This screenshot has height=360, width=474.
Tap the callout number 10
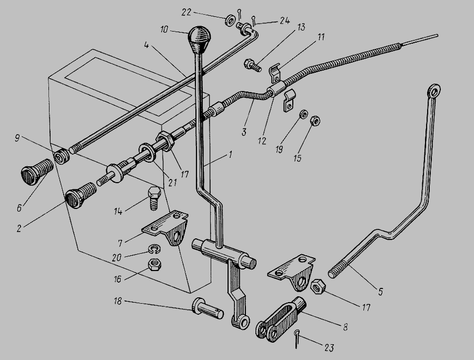click(165, 30)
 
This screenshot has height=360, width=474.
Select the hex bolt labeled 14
click(154, 198)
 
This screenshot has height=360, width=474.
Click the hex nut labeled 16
click(154, 265)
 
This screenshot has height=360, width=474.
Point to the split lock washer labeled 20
click(154, 249)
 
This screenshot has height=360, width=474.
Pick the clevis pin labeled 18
click(208, 308)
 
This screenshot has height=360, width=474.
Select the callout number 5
click(380, 291)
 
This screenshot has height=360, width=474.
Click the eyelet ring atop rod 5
click(434, 91)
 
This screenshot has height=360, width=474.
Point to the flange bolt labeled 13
click(252, 65)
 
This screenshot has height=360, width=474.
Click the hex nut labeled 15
click(315, 121)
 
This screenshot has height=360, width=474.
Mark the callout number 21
click(172, 183)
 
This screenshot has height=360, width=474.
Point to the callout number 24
click(284, 21)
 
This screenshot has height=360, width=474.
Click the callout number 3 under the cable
click(244, 132)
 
